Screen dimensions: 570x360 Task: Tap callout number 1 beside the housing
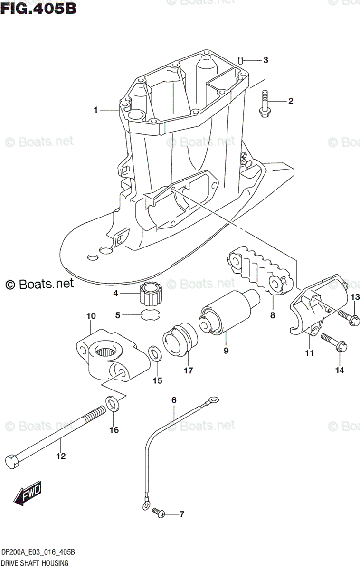click(96, 110)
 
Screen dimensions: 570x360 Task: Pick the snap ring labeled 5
click(151, 314)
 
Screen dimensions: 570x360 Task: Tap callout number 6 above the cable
click(174, 400)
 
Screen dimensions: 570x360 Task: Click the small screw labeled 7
click(159, 513)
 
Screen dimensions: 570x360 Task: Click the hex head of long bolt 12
click(13, 461)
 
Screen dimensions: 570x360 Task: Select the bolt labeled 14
click(333, 343)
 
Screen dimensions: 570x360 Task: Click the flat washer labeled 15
click(154, 354)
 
